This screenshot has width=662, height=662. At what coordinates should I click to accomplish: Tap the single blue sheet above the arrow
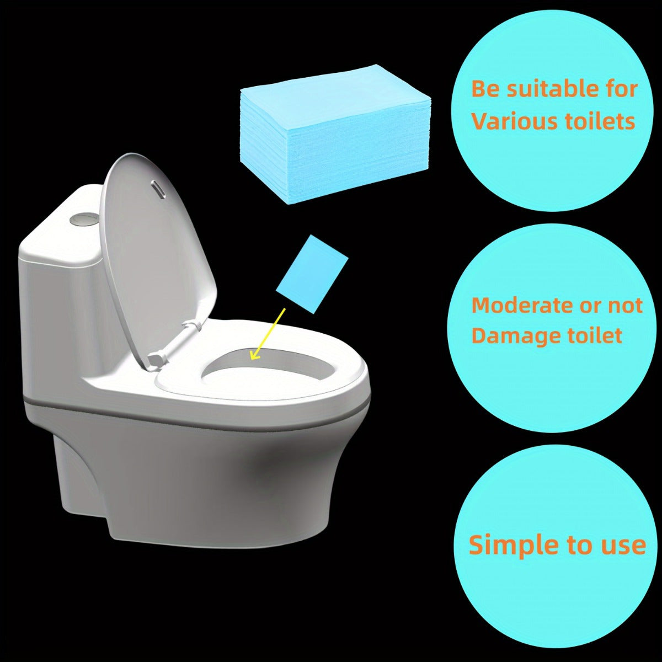(x=312, y=274)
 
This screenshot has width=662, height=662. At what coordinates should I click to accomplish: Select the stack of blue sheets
(x=335, y=138)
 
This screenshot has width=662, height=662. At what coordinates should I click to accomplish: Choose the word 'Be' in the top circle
(x=486, y=89)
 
